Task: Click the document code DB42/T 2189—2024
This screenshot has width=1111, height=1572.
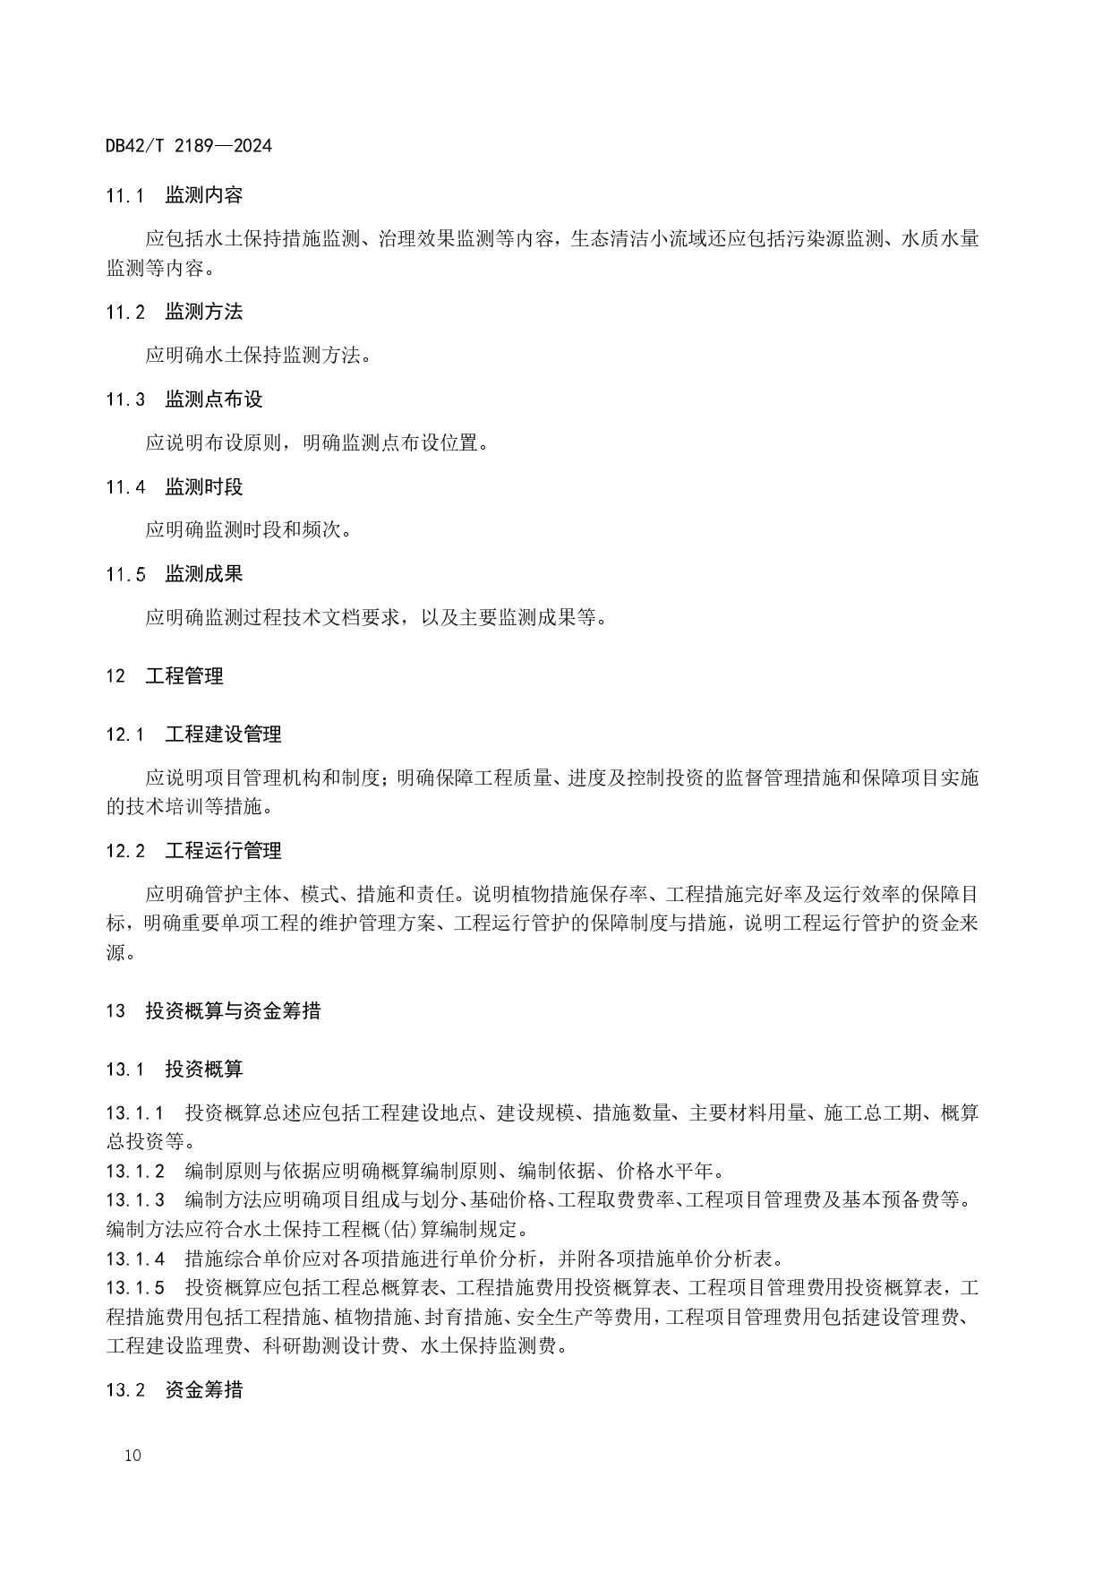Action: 188,145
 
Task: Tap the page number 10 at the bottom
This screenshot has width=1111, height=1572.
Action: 132,1455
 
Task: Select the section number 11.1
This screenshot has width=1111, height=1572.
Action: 124,196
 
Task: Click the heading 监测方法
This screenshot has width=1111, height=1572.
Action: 203,312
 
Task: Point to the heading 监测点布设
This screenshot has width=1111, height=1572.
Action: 213,399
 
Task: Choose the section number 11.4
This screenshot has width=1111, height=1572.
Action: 124,487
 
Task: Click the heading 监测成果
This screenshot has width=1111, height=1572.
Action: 203,574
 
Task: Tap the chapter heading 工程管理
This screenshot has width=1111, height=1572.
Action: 184,676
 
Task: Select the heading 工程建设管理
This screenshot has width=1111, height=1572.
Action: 223,734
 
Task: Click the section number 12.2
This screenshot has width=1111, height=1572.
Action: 124,851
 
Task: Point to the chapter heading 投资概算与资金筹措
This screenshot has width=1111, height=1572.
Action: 233,1011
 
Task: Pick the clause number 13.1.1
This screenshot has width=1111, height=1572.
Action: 134,1113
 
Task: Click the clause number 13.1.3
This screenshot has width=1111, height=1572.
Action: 134,1200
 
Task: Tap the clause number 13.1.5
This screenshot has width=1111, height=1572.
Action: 134,1288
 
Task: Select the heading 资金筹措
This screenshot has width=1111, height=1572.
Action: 203,1390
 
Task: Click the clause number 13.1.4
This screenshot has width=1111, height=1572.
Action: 134,1258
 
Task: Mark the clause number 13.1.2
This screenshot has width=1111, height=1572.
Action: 134,1172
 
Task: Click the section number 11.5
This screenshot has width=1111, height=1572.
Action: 124,574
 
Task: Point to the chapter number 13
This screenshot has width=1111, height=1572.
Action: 115,1011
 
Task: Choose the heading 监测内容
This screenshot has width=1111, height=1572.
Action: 203,196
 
